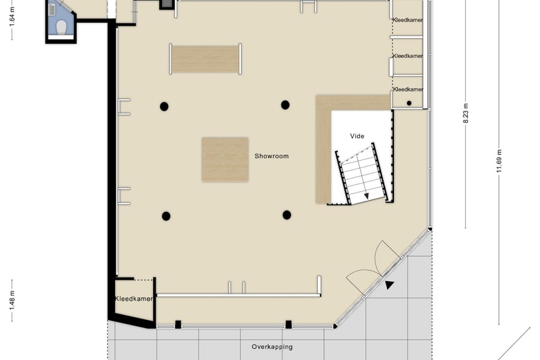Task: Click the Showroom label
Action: (x=271, y=156)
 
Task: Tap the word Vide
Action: (x=357, y=136)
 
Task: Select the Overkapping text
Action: (x=272, y=347)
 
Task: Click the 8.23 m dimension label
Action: (x=466, y=114)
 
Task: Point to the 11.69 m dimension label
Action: (x=499, y=161)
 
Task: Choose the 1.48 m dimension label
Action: (x=12, y=301)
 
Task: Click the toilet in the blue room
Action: (x=62, y=27)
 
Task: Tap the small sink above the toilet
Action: (x=52, y=10)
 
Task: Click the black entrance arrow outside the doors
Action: (x=389, y=285)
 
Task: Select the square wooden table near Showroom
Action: (x=225, y=159)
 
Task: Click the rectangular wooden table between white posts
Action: (x=206, y=59)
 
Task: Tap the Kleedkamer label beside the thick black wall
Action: (x=134, y=298)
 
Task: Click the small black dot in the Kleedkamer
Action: (x=409, y=103)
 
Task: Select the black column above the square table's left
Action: (x=164, y=107)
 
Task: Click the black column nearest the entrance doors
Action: (x=287, y=215)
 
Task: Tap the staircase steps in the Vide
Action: (x=362, y=174)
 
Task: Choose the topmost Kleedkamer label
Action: (x=408, y=20)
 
